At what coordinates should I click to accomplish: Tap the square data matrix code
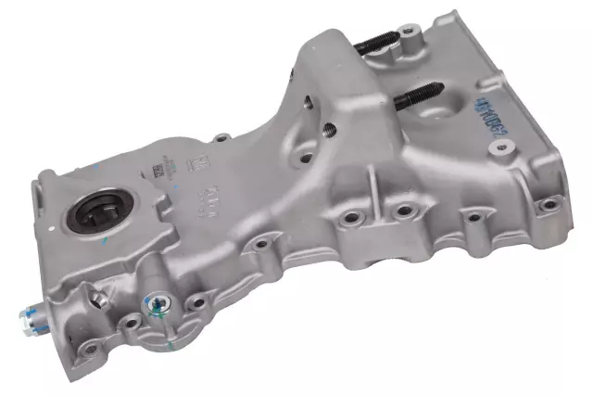pyautogui.click(x=158, y=170)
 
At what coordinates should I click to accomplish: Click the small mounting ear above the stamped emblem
pyautogui.click(x=221, y=138)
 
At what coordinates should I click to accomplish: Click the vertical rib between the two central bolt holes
pyautogui.click(x=376, y=215)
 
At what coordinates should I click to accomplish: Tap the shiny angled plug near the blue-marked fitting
pyautogui.click(x=96, y=299)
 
